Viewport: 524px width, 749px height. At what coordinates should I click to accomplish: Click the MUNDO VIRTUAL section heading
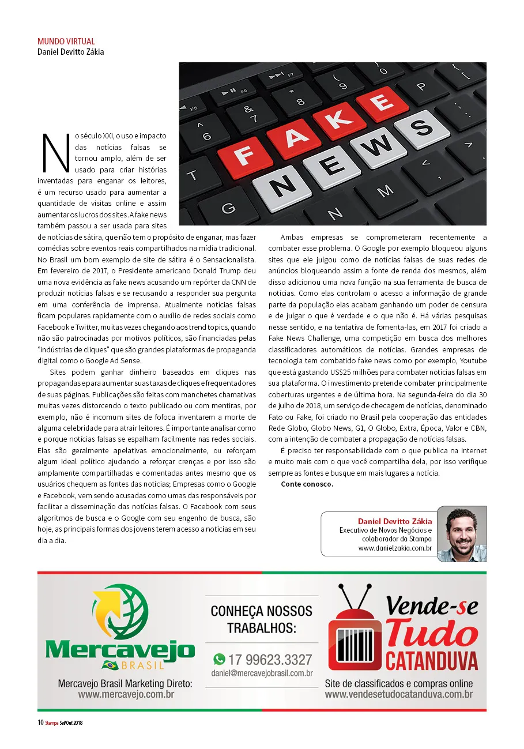[x=66, y=42]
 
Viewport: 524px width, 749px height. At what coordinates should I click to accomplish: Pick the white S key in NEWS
[x=423, y=126]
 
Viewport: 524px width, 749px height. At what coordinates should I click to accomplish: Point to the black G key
[x=228, y=207]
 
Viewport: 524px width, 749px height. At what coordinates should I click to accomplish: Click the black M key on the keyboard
[x=384, y=191]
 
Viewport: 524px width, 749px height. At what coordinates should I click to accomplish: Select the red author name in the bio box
[x=395, y=521]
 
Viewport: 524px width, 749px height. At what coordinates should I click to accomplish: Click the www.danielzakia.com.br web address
[x=395, y=548]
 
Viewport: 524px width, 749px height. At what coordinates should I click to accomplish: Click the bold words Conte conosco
[x=307, y=484]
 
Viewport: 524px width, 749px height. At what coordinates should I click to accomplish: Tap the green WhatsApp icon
[x=219, y=659]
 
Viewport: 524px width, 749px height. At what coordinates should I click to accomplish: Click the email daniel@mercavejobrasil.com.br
[x=262, y=673]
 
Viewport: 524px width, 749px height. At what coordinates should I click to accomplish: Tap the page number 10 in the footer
[x=40, y=722]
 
